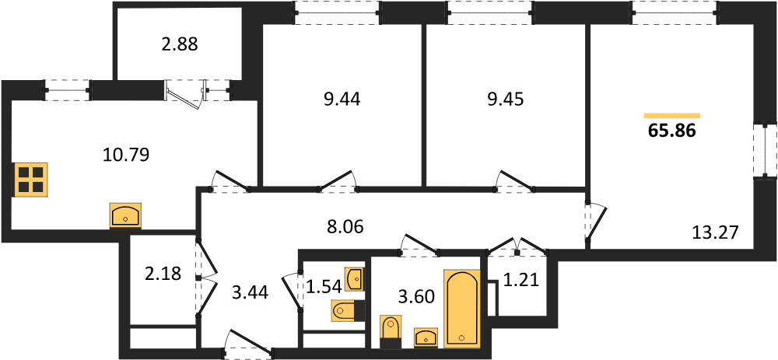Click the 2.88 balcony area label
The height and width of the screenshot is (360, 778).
pyautogui.click(x=179, y=44)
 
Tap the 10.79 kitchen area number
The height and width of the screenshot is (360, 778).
pyautogui.click(x=126, y=156)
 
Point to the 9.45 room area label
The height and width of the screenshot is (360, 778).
pyautogui.click(x=505, y=100)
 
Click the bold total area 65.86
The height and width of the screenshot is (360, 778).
pyautogui.click(x=672, y=131)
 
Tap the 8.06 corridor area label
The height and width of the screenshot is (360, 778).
pyautogui.click(x=345, y=227)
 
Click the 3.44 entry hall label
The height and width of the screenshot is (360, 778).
pyautogui.click(x=250, y=293)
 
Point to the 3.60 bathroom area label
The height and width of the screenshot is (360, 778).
pyautogui.click(x=416, y=296)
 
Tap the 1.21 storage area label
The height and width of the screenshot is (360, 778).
pyautogui.click(x=521, y=281)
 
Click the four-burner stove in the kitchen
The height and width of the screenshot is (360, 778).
pyautogui.click(x=31, y=180)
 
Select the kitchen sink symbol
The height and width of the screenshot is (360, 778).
pyautogui.click(x=125, y=216)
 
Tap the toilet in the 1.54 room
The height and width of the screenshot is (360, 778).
pyautogui.click(x=348, y=312)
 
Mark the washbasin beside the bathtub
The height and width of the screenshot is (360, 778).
pyautogui.click(x=426, y=337)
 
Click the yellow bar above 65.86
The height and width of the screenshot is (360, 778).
pyautogui.click(x=672, y=116)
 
